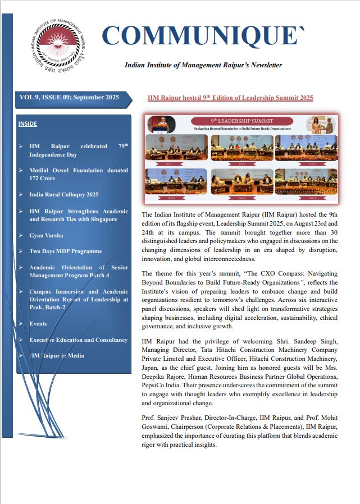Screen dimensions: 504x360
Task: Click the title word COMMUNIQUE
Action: (203, 36)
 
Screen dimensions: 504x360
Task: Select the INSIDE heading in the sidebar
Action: (29, 123)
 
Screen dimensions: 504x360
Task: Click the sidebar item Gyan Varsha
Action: (46, 235)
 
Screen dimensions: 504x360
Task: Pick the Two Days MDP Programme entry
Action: (66, 251)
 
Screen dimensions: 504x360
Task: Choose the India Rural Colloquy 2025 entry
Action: (63, 194)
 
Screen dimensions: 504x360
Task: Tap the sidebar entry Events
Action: (38, 324)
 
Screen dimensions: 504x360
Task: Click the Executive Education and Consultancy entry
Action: (78, 340)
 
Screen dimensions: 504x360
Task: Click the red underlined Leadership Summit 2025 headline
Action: (230, 98)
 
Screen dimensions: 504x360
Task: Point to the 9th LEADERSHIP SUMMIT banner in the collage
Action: (241, 121)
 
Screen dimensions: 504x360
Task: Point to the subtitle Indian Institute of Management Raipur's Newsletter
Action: (203, 65)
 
